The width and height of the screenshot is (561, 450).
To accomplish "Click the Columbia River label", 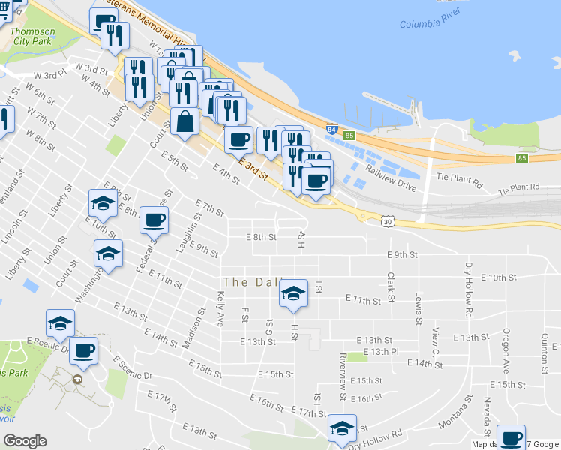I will tap(429, 23).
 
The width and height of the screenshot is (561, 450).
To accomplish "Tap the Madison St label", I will tap(193, 327).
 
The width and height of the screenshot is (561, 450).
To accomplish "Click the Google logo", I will tap(25, 441).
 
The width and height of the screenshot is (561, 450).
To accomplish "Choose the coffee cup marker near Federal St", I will tap(154, 220).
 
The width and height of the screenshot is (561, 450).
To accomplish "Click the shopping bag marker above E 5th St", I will tap(185, 120).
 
